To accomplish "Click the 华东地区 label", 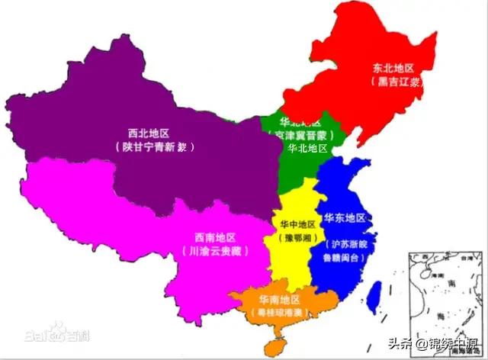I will point(345,218).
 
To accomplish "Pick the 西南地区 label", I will point(215,236).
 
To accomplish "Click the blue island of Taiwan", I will point(374,296).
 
